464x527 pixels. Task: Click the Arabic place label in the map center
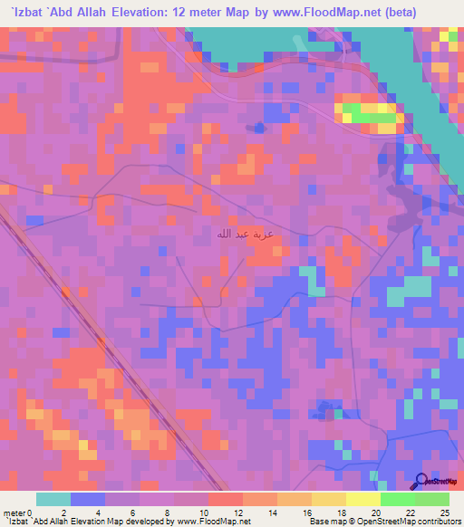(x=241, y=235)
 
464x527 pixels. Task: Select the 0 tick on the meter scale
(x=37, y=513)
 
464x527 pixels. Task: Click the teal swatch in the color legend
(x=53, y=499)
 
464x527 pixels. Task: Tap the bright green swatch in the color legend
(x=397, y=499)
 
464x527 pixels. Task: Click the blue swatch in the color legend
(x=87, y=499)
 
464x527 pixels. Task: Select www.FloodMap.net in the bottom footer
(x=208, y=522)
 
